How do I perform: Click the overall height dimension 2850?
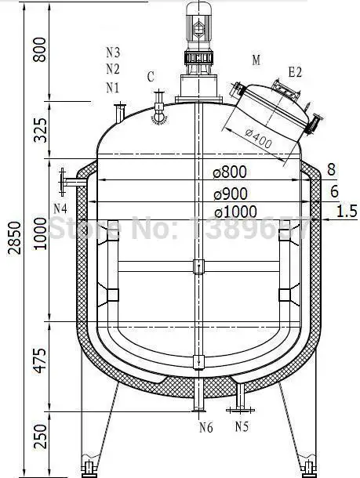tap(15, 237)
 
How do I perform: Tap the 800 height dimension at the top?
tap(40, 49)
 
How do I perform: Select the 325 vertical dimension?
tap(40, 130)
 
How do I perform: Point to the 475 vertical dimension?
tap(40, 360)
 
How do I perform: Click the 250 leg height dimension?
tap(40, 436)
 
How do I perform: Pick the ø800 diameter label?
tap(230, 172)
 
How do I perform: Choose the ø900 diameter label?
tap(231, 194)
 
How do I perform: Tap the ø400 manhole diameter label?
tap(259, 139)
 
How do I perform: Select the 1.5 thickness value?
tap(347, 211)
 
